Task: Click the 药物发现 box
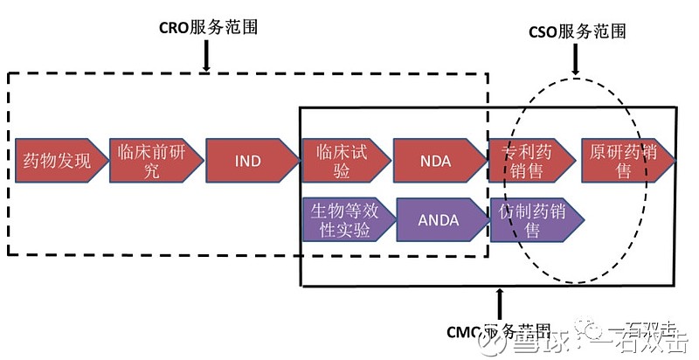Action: [x=57, y=160]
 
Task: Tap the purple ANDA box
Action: [x=439, y=219]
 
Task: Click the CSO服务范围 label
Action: [x=578, y=32]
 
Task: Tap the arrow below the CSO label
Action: [x=576, y=59]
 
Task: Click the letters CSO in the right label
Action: [x=545, y=32]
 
